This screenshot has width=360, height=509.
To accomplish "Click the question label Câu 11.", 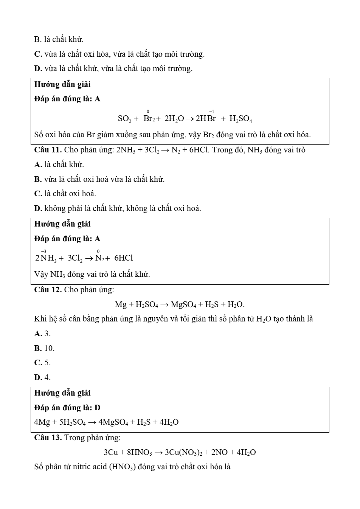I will pyautogui.click(x=48, y=150).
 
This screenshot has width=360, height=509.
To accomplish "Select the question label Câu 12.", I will pyautogui.click(x=48, y=290).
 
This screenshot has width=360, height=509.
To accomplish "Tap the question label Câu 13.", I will pyautogui.click(x=48, y=438).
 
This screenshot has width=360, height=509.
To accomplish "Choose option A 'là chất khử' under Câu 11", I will pyautogui.click(x=59, y=164).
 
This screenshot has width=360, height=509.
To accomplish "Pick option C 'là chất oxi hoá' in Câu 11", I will pyautogui.click(x=65, y=194).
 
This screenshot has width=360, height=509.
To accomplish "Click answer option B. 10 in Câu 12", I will pyautogui.click(x=44, y=348).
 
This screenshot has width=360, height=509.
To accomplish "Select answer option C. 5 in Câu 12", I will pyautogui.click(x=42, y=363).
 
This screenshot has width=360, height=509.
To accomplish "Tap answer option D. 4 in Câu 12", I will pyautogui.click(x=42, y=377).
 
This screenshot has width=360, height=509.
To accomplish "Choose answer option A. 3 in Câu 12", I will pyautogui.click(x=42, y=334).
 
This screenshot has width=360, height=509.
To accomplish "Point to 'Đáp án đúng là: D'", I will pyautogui.click(x=67, y=408).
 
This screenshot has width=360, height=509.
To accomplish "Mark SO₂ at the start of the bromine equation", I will pyautogui.click(x=124, y=119).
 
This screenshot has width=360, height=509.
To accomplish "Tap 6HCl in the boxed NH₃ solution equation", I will pyautogui.click(x=124, y=258).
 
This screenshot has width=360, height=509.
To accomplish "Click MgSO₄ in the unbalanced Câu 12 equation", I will pyautogui.click(x=183, y=304).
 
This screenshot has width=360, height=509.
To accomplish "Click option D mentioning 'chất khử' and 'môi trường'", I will pyautogui.click(x=113, y=68).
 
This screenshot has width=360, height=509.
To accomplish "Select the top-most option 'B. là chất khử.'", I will pyautogui.click(x=59, y=39).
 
